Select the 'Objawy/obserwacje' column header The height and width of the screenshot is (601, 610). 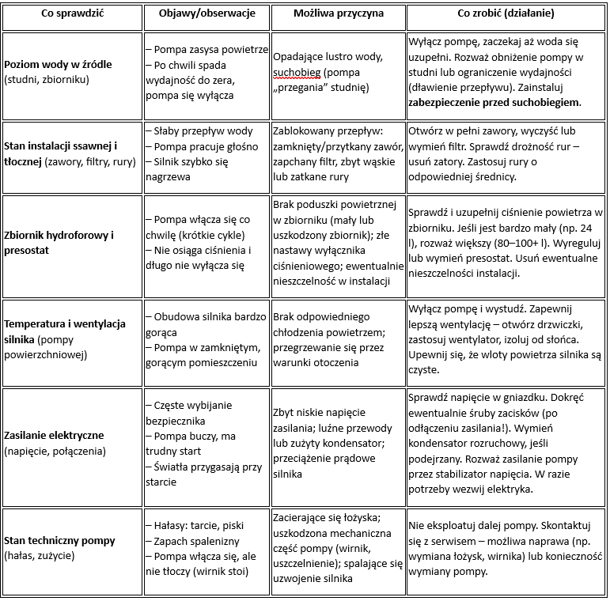[205, 14]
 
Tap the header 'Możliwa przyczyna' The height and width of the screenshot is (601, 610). [338, 14]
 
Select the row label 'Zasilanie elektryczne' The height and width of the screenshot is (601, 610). [54, 435]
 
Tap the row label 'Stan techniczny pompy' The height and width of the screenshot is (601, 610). [59, 540]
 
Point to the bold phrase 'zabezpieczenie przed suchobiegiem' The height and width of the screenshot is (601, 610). [494, 102]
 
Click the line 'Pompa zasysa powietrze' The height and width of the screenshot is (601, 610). [211, 49]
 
